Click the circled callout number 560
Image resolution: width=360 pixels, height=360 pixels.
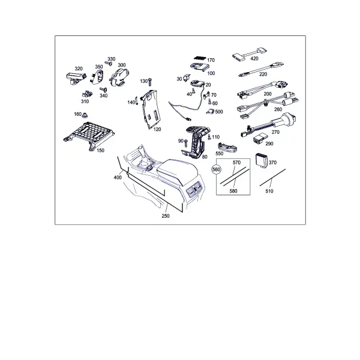pos(216,170)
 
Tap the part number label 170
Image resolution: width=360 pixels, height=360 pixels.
pos(211,60)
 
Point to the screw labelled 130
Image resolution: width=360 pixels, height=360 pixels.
pos(151,82)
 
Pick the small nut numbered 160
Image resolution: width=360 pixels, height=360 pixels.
pos(85,115)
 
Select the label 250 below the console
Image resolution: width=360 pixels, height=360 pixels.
pos(166,216)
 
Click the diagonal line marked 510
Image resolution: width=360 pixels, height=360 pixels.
pos(272,178)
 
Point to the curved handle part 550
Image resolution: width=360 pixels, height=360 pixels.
pos(227,147)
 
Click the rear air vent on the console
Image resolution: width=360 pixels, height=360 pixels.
pos(194,190)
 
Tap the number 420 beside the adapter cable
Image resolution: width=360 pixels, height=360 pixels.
pos(254,59)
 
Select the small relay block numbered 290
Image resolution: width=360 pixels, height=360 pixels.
pos(260,138)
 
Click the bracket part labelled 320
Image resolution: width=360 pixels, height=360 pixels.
pos(76,78)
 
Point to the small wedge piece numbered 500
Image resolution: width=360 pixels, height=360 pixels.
pos(210,112)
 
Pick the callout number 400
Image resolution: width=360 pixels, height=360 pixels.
pos(118,178)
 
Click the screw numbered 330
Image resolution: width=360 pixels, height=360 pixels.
pos(109,63)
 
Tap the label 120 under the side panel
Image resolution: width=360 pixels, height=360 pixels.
pos(157,130)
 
